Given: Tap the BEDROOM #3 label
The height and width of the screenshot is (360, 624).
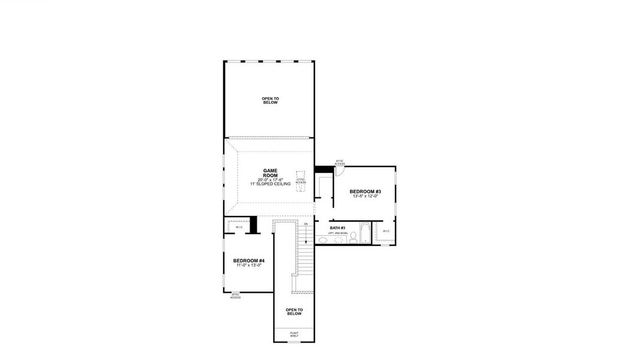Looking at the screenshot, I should [x=365, y=192].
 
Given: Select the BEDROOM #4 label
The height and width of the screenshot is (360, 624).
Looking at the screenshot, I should [x=248, y=260].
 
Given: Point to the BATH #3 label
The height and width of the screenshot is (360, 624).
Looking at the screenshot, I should [x=338, y=228].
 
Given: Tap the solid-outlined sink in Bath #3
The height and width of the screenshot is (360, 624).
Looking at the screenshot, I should [x=323, y=240].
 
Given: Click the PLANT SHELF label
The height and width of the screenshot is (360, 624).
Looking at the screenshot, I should [x=294, y=334].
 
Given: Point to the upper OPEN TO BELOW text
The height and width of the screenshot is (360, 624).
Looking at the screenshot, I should [x=270, y=100].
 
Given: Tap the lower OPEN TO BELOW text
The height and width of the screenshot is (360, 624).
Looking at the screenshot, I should [x=294, y=311].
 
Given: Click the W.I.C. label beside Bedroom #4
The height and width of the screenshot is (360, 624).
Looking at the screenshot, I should [x=239, y=227].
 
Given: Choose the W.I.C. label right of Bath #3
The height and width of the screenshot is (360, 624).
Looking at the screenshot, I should [x=386, y=231].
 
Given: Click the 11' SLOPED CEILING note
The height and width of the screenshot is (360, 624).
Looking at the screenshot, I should [x=270, y=184].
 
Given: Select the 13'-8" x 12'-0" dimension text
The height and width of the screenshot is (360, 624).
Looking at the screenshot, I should [x=365, y=197].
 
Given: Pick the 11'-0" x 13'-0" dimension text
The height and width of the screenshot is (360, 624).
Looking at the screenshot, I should [x=248, y=265].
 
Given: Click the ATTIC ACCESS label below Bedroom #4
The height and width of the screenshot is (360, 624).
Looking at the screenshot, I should [x=235, y=296].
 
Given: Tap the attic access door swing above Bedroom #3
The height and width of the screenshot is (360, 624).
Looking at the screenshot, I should [x=339, y=171].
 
